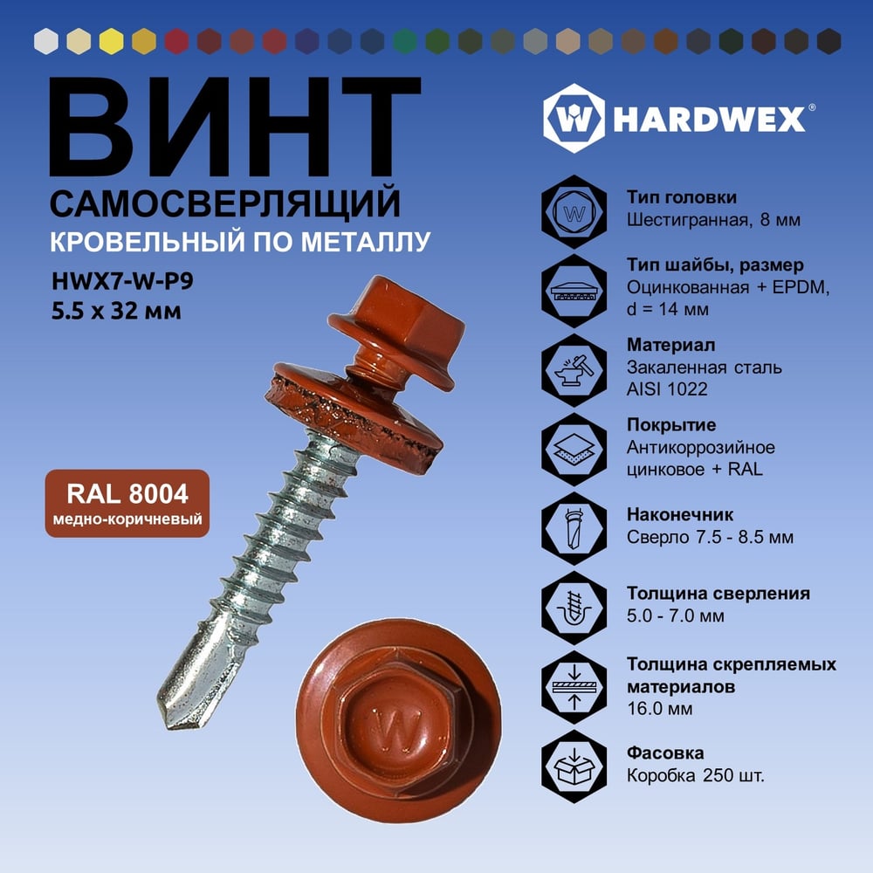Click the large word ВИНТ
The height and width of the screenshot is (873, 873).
pyautogui.click(x=234, y=127)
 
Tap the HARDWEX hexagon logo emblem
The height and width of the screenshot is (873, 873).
pyautogui.click(x=574, y=118)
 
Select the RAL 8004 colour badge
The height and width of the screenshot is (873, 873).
pyautogui.click(x=127, y=504)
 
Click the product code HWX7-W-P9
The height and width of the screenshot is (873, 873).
pyautogui.click(x=122, y=281)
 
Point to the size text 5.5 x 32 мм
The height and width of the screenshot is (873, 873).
pyautogui.click(x=116, y=311)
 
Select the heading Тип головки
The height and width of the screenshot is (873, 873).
pyautogui.click(x=682, y=197)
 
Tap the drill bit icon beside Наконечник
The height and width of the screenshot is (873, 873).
pyautogui.click(x=574, y=528)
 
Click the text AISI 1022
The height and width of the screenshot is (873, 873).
pyautogui.click(x=667, y=389)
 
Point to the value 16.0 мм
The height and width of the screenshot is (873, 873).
pyautogui.click(x=660, y=709)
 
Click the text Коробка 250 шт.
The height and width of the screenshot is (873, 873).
pyautogui.click(x=696, y=775)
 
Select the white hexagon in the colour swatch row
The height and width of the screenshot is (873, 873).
pyautogui.click(x=46, y=41)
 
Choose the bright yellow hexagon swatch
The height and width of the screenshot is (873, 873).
pyautogui.click(x=112, y=41)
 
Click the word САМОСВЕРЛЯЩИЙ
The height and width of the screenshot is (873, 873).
pyautogui.click(x=225, y=203)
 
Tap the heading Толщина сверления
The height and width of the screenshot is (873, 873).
pyautogui.click(x=718, y=594)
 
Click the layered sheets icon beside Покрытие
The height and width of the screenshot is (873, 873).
pyautogui.click(x=574, y=450)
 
